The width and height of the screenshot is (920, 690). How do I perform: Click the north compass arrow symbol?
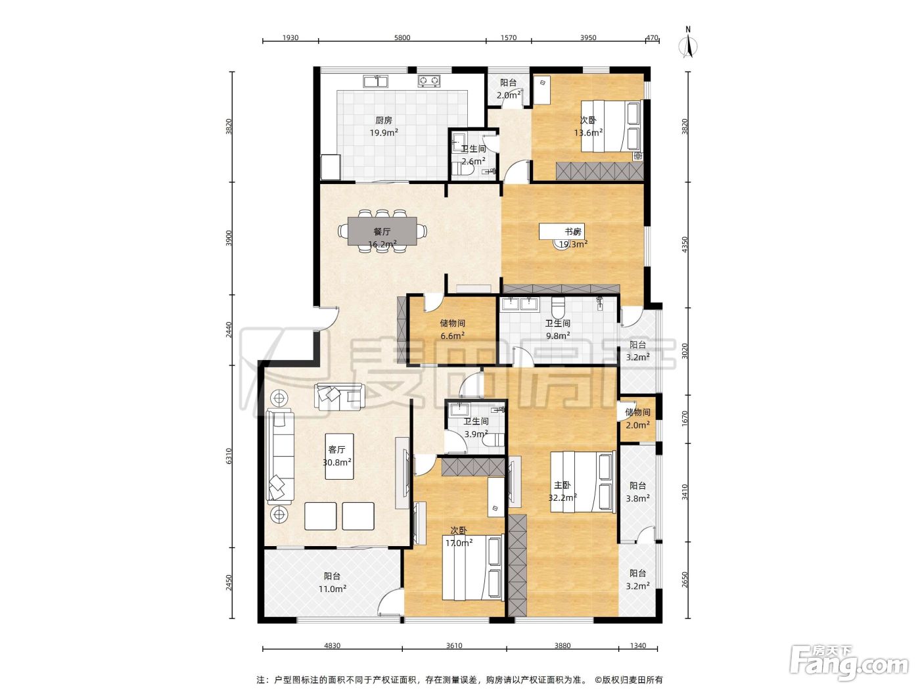coord(688,45)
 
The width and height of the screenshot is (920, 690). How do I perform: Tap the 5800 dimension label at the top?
coord(402,37)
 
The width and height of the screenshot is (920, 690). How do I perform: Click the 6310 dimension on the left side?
coord(229,456)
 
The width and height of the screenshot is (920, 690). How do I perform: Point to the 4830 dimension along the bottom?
coord(332,645)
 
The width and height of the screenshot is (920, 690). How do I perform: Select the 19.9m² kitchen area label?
coord(384,133)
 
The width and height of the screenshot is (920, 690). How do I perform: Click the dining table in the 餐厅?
coord(382,231)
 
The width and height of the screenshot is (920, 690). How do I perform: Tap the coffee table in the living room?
coord(340,457)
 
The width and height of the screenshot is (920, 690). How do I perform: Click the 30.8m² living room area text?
coord(337,463)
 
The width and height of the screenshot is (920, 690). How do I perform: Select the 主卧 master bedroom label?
coord(562,485)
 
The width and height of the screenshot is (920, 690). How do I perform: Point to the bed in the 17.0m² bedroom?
coord(472,568)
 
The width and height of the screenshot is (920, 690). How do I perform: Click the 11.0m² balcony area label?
coord(333,589)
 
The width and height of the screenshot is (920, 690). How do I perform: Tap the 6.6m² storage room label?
coord(452,336)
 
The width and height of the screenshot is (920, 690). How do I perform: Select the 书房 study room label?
coord(572,232)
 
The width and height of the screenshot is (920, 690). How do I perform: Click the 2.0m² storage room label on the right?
coord(637,425)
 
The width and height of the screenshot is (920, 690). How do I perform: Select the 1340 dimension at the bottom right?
coord(638,645)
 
